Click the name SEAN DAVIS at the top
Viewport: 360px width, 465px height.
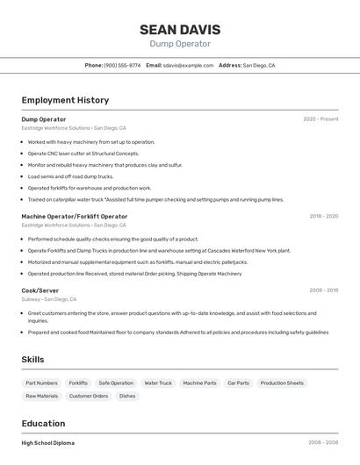point(180,29)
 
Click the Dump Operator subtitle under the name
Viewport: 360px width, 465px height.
point(180,44)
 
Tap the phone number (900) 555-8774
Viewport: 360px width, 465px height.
point(122,65)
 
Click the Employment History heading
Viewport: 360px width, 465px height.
point(65,100)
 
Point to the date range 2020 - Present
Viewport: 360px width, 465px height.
point(320,119)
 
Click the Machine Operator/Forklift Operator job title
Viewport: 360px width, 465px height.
point(75,216)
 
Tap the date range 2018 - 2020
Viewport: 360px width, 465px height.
point(323,216)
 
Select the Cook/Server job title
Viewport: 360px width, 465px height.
point(40,290)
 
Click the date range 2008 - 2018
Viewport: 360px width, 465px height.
point(323,290)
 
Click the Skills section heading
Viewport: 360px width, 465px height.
point(32,360)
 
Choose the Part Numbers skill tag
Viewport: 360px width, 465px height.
point(42,383)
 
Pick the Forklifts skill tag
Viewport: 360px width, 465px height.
point(78,383)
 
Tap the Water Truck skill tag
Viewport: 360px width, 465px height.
point(158,383)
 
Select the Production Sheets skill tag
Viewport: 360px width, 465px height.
point(282,383)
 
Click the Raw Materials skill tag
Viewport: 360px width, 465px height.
point(42,396)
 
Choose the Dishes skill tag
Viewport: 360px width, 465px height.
point(127,396)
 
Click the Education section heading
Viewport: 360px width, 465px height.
point(43,423)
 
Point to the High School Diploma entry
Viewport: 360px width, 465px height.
point(48,443)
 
